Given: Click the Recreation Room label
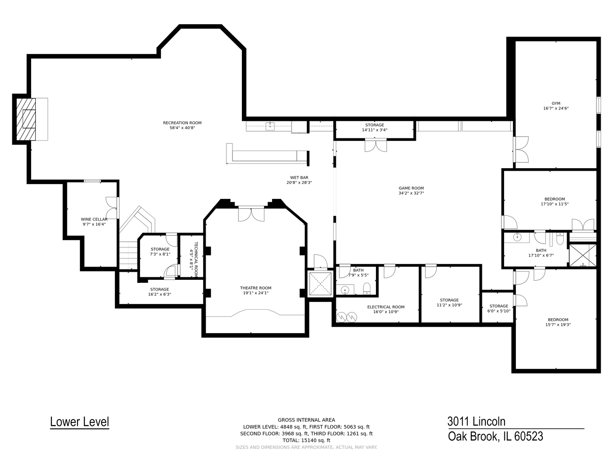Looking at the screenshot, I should (x=182, y=123).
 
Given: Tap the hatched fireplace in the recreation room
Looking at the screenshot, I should (x=26, y=119).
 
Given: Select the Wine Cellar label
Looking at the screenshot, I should (x=94, y=219).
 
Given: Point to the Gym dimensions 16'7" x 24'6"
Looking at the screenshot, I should (x=556, y=108).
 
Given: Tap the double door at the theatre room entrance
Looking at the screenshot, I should (x=251, y=214).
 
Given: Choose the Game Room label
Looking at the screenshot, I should (x=411, y=188).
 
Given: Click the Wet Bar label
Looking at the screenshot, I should (x=299, y=178).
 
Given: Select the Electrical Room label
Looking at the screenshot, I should (x=386, y=307).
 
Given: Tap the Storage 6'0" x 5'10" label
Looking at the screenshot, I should (x=498, y=306).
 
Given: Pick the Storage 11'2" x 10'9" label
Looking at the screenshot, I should (x=449, y=300).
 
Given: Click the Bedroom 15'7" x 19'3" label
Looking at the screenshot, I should (x=558, y=320).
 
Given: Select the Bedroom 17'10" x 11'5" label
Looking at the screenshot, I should (x=555, y=199).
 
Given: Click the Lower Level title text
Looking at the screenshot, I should (x=80, y=422).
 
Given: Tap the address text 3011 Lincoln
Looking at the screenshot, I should (x=476, y=421).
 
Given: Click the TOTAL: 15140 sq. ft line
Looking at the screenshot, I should (x=306, y=440).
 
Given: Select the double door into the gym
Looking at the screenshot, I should (x=521, y=149).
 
